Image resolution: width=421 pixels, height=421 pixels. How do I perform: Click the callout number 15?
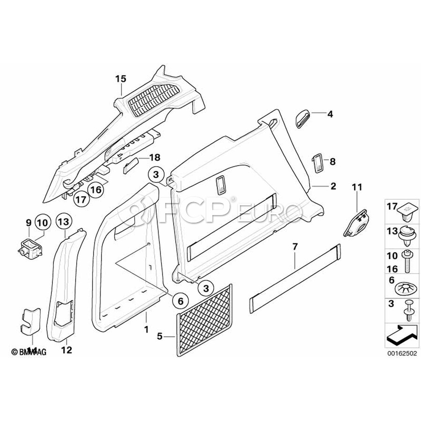[121, 79]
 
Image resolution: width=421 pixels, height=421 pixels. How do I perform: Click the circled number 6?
[181, 300]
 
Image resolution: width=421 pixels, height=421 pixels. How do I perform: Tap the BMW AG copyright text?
[29, 352]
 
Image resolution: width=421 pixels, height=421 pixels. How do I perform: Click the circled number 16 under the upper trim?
[95, 189]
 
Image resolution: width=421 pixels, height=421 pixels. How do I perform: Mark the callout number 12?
[66, 349]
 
